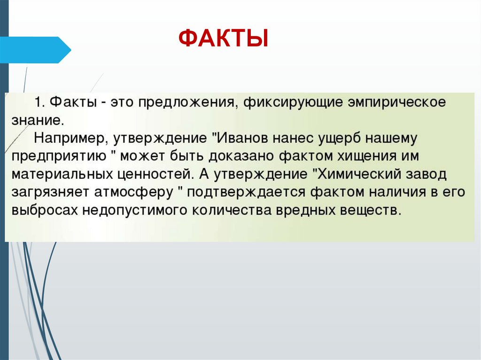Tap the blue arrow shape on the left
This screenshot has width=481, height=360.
pyautogui.click(x=35, y=50)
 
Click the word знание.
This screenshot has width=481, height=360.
pyautogui.click(x=37, y=120)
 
